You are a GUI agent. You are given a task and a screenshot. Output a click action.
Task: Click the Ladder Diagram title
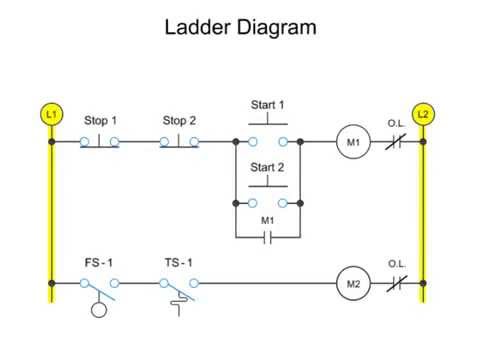(240, 27)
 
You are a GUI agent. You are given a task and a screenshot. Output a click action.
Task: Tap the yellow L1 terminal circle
(51, 114)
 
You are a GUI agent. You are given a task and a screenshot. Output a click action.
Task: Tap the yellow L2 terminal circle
(423, 114)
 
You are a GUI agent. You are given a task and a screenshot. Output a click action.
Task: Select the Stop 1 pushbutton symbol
(100, 140)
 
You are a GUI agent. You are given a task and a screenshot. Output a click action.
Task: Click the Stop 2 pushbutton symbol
(179, 140)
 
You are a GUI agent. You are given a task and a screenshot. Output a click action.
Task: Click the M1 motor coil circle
(352, 142)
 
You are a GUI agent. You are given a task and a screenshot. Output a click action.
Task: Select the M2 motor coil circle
(352, 283)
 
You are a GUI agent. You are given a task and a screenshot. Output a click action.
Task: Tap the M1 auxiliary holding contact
(267, 238)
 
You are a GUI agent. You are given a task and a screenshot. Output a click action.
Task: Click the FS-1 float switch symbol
(100, 288)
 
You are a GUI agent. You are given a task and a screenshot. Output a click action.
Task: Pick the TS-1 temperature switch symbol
(179, 288)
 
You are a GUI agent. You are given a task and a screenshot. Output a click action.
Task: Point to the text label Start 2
(267, 167)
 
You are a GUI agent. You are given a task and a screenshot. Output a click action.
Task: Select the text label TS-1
(179, 262)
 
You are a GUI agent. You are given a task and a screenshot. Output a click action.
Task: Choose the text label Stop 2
(179, 120)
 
